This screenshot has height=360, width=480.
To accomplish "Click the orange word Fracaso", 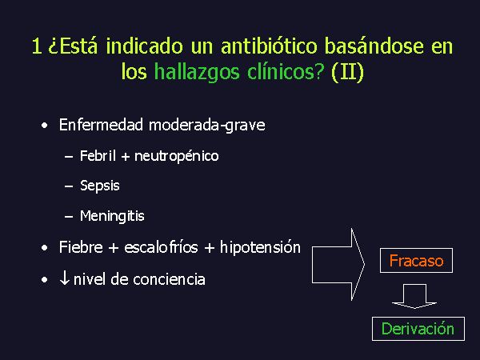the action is pos(416,261).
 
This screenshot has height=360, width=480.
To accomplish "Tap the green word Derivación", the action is pos(418,329).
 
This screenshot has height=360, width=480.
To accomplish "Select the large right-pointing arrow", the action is pos(338,264).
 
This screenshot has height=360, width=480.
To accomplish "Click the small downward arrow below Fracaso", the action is pos(414,296).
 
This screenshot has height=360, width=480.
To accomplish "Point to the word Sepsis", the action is pos(100,186).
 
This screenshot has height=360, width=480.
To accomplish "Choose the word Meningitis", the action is pos(112,216).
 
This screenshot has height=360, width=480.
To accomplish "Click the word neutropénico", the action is pos(177,156).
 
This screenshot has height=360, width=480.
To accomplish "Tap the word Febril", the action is pos(98,155).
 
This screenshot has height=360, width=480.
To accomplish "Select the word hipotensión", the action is pos(260,247).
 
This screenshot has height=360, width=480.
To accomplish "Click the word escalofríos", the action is pos(161,246).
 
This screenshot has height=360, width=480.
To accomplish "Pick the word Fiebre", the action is pos(81,246).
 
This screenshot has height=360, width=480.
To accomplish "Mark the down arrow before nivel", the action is pos(64,278).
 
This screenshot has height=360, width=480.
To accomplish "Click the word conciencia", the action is pos(169,279).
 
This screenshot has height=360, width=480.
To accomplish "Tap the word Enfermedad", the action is pos(101,125).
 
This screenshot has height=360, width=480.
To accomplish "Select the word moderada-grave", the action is pos(207,126).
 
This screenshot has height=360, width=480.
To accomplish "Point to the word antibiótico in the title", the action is pos(269,46).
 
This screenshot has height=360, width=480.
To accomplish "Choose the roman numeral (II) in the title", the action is pos(347,73).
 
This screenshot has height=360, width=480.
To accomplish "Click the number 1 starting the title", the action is pos(37,46).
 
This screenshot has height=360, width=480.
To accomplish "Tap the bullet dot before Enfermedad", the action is pos(45,126).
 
